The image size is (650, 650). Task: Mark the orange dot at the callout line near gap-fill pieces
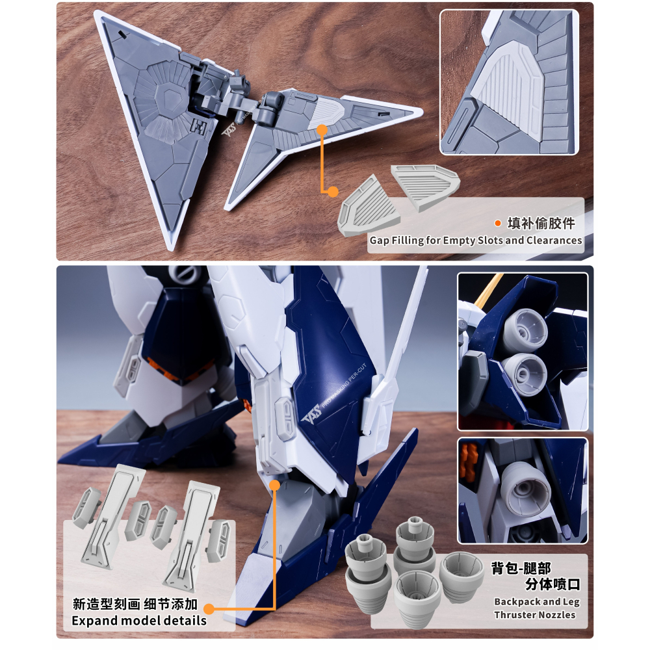(x=333, y=192)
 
